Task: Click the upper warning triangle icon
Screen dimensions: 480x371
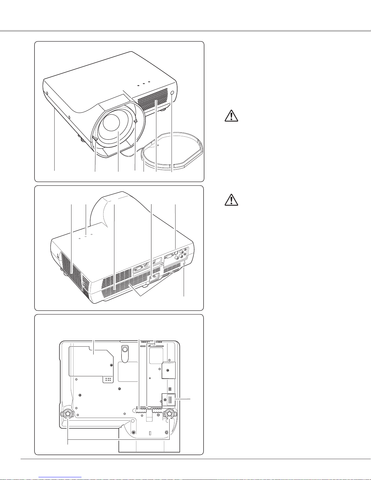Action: click(x=232, y=116)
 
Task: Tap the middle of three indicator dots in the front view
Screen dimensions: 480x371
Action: click(x=144, y=83)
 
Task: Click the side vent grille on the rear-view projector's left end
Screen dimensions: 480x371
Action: click(x=71, y=267)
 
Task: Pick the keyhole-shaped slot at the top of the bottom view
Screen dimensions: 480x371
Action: click(x=124, y=353)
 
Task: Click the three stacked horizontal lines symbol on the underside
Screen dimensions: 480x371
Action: click(x=170, y=389)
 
